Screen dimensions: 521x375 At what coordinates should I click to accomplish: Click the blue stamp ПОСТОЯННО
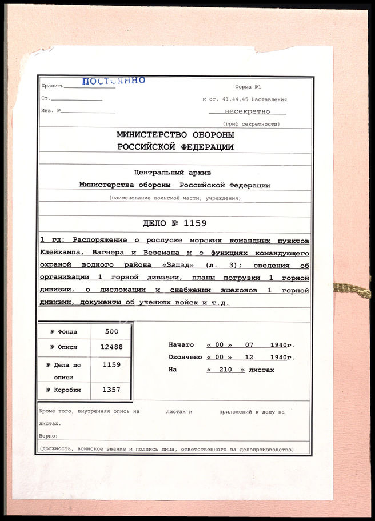click(x=114, y=81)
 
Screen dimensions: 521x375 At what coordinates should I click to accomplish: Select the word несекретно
click(x=248, y=112)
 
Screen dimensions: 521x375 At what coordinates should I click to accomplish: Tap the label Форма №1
click(x=248, y=87)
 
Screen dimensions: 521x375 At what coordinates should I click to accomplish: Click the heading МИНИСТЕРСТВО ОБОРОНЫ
click(x=175, y=135)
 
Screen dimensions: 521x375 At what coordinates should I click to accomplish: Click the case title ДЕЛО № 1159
click(x=174, y=223)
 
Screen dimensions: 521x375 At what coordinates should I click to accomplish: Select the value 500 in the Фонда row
click(x=113, y=331)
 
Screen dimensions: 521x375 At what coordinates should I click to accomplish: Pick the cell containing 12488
click(x=112, y=347)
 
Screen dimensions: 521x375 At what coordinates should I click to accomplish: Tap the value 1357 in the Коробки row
click(x=112, y=390)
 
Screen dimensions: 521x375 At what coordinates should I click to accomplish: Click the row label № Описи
click(x=63, y=347)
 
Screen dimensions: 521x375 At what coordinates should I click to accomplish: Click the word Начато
click(x=181, y=345)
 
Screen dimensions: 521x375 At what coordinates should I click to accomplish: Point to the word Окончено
click(x=185, y=358)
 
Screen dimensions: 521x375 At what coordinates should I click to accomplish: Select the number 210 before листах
click(x=225, y=370)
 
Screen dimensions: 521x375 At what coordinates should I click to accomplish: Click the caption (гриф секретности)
click(x=252, y=124)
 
